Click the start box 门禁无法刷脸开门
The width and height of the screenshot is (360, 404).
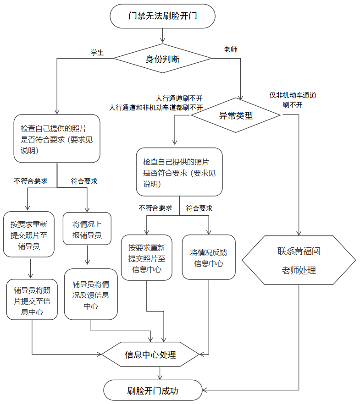[x=162, y=16]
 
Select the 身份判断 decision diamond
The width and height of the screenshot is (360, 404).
[x=162, y=59]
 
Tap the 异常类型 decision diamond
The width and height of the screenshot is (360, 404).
[x=235, y=115]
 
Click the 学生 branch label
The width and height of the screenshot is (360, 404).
[x=97, y=52]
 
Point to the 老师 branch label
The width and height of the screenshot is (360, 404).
[x=230, y=49]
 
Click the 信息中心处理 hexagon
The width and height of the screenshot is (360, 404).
[x=150, y=355]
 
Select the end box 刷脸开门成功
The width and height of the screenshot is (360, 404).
[x=153, y=391]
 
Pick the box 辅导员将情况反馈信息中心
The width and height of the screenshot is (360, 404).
[x=91, y=294]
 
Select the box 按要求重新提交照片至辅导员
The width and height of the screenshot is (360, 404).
[x=28, y=234]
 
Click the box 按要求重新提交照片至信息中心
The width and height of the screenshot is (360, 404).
[x=146, y=258]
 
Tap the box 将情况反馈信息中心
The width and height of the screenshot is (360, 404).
[x=209, y=257]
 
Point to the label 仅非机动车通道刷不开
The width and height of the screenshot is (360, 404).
[x=293, y=100]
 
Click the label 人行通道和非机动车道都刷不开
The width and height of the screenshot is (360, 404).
[x=156, y=108]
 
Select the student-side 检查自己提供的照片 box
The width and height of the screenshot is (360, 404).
[x=57, y=139]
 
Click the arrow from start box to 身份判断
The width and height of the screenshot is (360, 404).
[x=162, y=36]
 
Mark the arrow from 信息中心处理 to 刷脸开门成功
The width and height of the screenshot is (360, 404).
[x=159, y=373]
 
